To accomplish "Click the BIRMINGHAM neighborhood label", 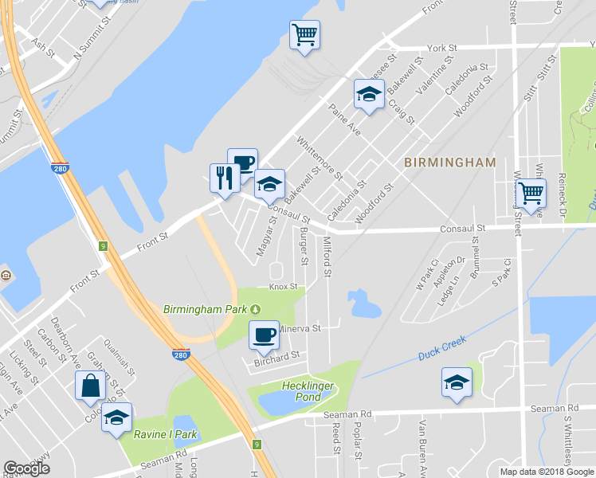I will click(x=449, y=163).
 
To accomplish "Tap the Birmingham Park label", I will click(x=206, y=309).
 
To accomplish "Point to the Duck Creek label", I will click(x=441, y=353).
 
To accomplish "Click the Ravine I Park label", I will click(x=165, y=435).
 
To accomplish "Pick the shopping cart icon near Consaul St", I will click(x=531, y=191).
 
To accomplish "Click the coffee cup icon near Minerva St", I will click(x=264, y=335).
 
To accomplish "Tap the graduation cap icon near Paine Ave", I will click(x=369, y=93).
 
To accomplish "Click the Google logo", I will click(x=26, y=468).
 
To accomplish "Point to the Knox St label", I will click(x=283, y=287).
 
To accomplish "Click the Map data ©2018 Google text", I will click(x=546, y=472).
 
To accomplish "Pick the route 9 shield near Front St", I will click(x=103, y=247).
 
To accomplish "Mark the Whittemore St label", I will click(x=319, y=158).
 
